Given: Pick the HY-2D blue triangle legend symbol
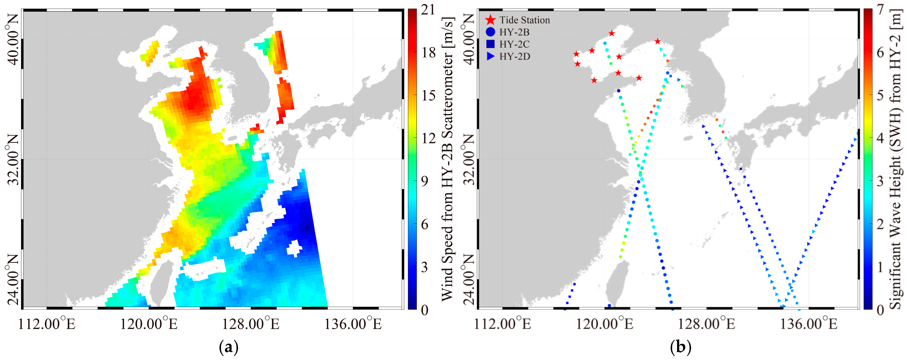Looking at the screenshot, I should point(491,56).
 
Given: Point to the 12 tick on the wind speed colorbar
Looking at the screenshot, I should point(428,138).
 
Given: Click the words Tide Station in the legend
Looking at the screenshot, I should point(524,20).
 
